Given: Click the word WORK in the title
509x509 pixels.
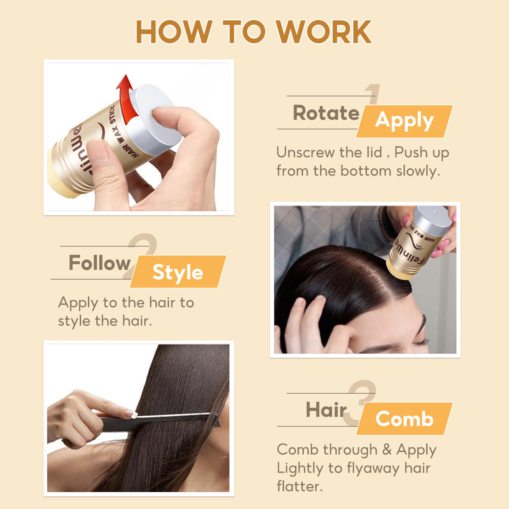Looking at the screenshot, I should pyautogui.click(x=323, y=32).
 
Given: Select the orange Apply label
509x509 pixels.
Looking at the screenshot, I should pyautogui.click(x=404, y=121).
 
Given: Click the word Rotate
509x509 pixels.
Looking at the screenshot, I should pyautogui.click(x=326, y=113).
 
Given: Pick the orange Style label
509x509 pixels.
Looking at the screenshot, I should pyautogui.click(x=178, y=272).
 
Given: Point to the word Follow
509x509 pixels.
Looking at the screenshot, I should pyautogui.click(x=100, y=263).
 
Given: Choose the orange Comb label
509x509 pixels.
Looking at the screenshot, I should pyautogui.click(x=404, y=419).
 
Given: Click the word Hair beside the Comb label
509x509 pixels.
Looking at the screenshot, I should pyautogui.click(x=326, y=410).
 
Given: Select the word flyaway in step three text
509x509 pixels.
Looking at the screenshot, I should pyautogui.click(x=368, y=468).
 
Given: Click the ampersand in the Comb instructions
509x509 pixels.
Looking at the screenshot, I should pyautogui.click(x=386, y=450).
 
